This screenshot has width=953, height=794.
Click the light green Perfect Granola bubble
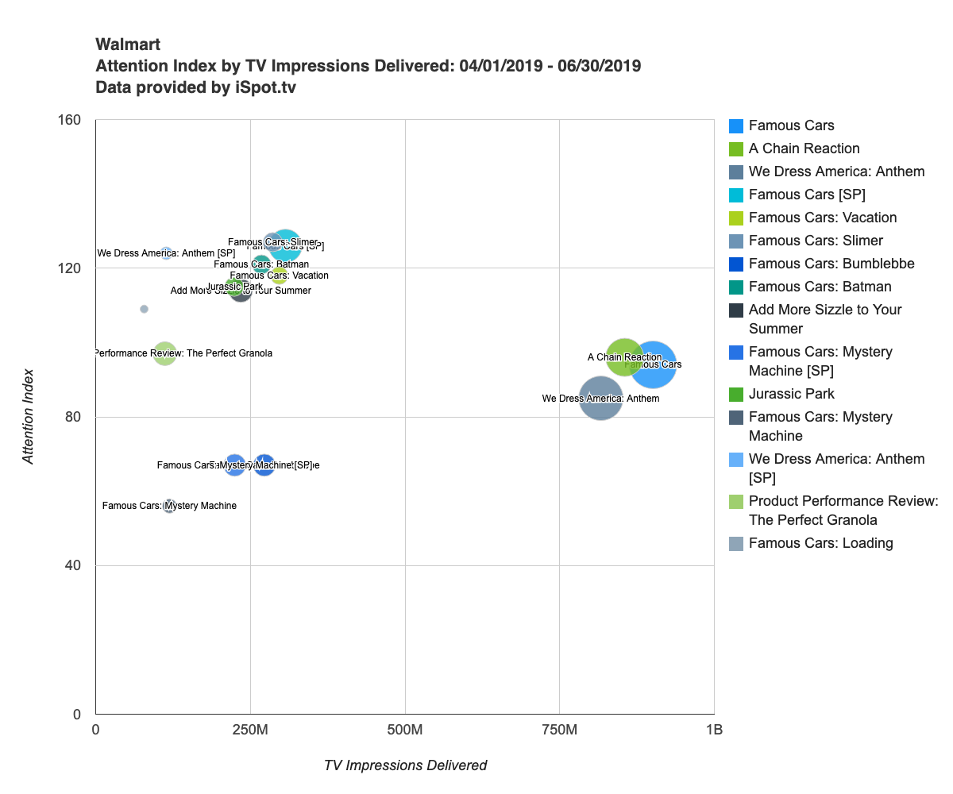164,353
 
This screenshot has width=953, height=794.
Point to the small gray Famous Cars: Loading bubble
144,309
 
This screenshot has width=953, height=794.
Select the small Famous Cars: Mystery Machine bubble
169,506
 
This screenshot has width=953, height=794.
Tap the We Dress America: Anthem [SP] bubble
167,253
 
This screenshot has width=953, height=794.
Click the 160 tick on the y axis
70,120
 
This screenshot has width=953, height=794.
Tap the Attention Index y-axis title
29,416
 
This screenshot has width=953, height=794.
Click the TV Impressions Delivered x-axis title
405,765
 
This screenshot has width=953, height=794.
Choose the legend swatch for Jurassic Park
736,394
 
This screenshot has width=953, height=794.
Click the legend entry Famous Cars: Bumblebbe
831,264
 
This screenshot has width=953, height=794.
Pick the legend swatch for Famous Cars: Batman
736,287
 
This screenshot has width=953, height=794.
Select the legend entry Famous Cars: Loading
820,543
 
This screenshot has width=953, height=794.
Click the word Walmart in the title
128,44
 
